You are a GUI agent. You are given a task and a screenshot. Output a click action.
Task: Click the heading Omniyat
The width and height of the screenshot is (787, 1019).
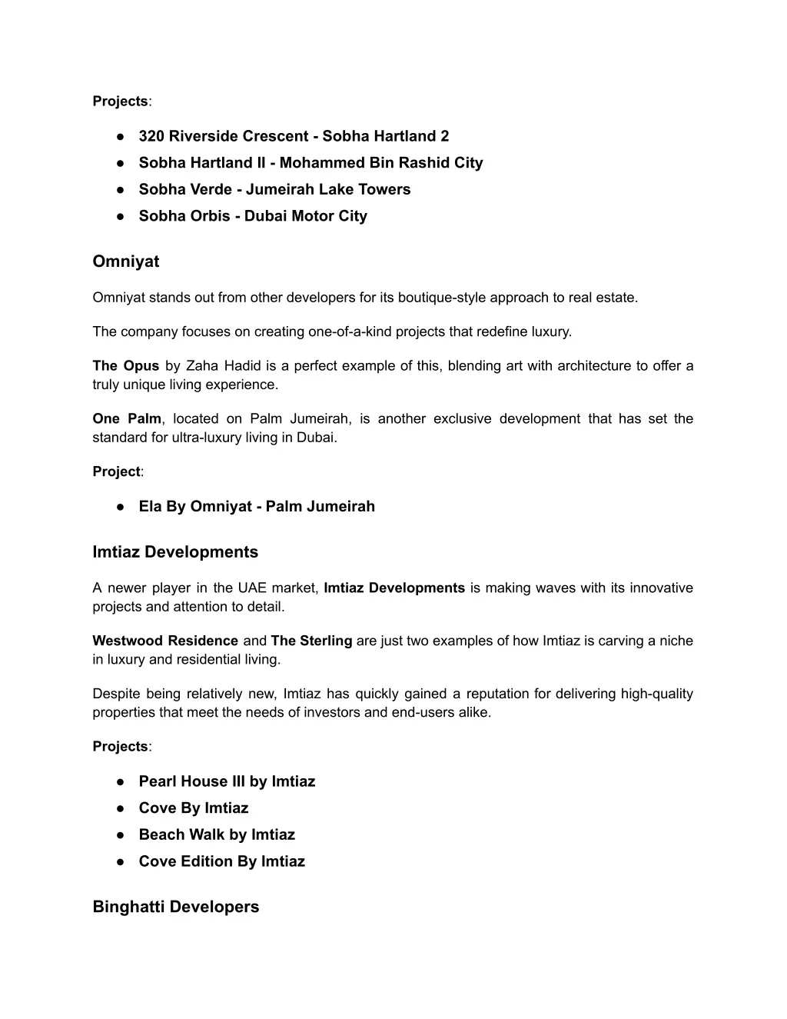[x=126, y=261]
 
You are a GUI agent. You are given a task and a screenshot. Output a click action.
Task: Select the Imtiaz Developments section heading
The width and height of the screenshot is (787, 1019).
[x=175, y=552]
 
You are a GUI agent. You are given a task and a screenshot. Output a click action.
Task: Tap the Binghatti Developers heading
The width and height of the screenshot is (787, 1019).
[x=176, y=907]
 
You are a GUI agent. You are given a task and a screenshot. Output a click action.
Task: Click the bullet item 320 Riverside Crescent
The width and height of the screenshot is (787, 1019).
[x=294, y=136]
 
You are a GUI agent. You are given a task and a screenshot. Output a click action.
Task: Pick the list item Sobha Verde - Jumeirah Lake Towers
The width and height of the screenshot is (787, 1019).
[x=274, y=189]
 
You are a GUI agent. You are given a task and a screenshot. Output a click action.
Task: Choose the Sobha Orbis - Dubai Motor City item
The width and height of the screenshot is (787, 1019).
[x=253, y=216]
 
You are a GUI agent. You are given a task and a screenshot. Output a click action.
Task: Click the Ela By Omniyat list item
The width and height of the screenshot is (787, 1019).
[x=257, y=506]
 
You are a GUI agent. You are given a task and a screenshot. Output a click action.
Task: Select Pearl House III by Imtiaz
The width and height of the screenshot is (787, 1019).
[x=227, y=781]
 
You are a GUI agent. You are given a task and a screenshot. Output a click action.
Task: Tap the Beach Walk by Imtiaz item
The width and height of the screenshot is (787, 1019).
[x=217, y=834]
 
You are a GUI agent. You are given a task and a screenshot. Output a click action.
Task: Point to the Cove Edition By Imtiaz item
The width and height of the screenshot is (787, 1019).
[x=221, y=861]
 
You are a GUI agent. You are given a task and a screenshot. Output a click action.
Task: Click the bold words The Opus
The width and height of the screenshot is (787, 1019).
[x=126, y=366]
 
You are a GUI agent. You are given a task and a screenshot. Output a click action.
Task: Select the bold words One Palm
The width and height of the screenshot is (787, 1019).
[x=127, y=419]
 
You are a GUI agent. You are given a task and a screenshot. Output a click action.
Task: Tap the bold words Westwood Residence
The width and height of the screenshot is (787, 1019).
[x=165, y=641]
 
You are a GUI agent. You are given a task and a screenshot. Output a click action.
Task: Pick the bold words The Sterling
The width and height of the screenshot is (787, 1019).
[x=311, y=641]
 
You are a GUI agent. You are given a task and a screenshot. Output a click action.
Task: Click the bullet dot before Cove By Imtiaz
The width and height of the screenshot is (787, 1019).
[x=121, y=808]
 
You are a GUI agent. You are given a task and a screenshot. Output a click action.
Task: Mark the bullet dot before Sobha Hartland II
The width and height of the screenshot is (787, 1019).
[x=121, y=163]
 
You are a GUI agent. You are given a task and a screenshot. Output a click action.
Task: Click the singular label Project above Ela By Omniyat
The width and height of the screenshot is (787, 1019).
[x=116, y=471]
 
